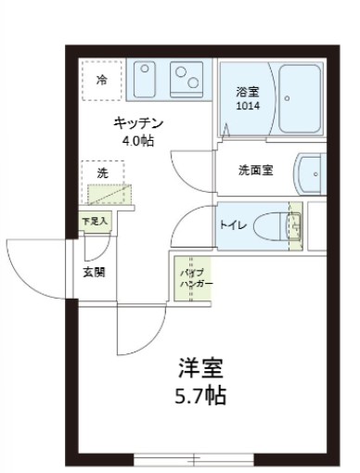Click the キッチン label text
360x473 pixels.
tap(139, 123)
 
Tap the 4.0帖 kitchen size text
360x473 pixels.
tap(139, 141)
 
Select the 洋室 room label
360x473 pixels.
tap(201, 368)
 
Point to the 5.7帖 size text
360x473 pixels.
tap(201, 396)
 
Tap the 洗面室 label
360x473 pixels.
tap(254, 171)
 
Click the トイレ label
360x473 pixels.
tap(231, 224)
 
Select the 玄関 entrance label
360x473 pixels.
tap(94, 272)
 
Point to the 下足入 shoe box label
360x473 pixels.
tap(95, 221)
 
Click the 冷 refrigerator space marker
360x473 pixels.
tap(102, 80)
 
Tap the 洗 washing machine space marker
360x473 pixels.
tap(102, 173)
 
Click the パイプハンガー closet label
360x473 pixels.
tap(196, 279)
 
